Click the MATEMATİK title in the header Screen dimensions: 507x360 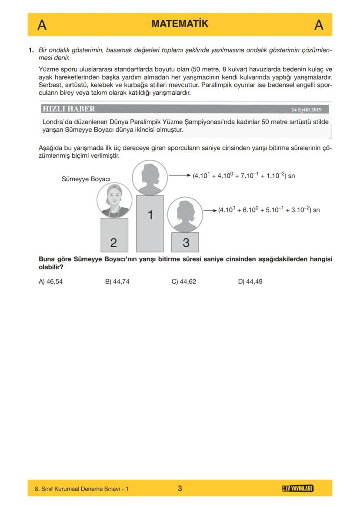click(x=180, y=24)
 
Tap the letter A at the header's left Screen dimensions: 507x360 click(x=42, y=25)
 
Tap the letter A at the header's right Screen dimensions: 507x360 click(x=318, y=25)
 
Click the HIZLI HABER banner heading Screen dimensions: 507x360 click(x=68, y=109)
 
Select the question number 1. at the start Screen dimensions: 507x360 click(x=31, y=50)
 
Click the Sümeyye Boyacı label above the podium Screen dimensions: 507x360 click(x=86, y=179)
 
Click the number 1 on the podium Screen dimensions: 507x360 click(x=150, y=215)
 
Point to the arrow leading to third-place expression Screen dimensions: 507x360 click(x=210, y=210)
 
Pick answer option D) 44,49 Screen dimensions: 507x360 click(x=250, y=282)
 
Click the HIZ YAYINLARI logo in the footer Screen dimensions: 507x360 click(x=298, y=489)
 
